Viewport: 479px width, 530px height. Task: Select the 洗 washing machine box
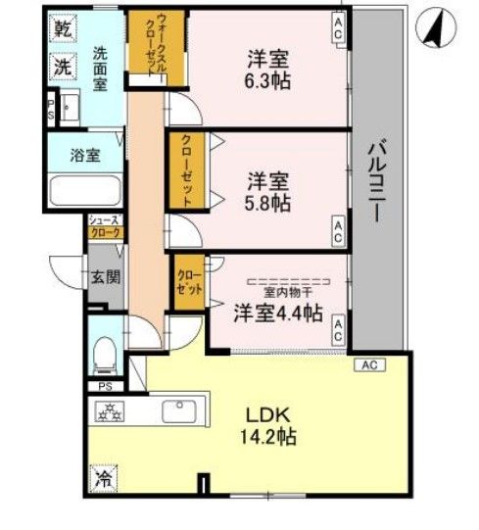[x=60, y=68]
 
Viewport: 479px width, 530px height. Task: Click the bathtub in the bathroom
[x=83, y=188]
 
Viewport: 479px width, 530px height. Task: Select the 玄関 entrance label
[x=107, y=277]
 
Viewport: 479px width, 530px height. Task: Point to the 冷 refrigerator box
[x=103, y=480]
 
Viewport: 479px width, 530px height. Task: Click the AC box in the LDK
[x=369, y=364]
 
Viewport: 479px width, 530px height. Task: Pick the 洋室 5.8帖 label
[x=267, y=191]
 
